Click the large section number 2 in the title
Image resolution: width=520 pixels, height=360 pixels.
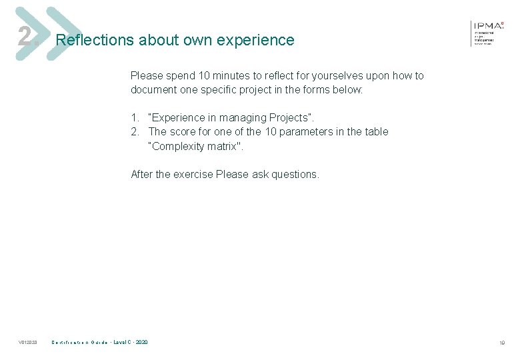coord(25,37)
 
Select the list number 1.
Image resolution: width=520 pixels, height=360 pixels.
coord(135,118)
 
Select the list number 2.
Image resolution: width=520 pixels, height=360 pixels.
coord(135,132)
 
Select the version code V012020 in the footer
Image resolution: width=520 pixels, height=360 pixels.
coord(28,343)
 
